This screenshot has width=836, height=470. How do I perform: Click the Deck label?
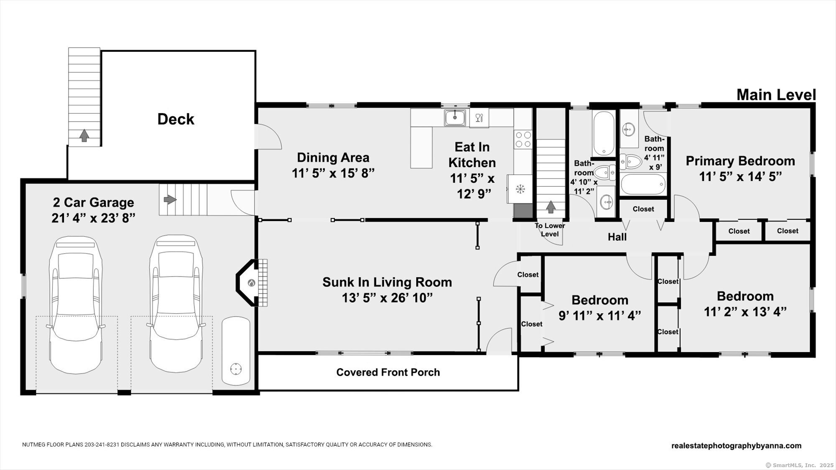176,119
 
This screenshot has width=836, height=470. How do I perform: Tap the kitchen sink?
455,117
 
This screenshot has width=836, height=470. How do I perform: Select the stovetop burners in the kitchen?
523,140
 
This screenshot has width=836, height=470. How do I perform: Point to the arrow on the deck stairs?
84,135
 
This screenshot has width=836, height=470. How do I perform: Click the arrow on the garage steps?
170,199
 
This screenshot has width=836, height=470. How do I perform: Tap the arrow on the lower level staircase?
551,206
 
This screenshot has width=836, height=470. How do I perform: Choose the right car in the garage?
176,304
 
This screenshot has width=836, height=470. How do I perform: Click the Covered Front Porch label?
388,372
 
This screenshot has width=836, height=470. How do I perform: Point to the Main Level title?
776,95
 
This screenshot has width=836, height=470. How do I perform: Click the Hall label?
617,237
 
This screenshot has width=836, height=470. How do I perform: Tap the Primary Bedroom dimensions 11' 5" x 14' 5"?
740,177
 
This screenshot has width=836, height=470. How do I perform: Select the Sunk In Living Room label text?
387,282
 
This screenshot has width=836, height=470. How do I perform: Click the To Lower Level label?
550,230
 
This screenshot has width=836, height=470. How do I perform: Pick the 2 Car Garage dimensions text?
93,218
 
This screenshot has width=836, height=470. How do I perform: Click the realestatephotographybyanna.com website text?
737,446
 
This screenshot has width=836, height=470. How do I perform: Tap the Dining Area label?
333,158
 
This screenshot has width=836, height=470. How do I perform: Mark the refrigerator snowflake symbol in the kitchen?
520,189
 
